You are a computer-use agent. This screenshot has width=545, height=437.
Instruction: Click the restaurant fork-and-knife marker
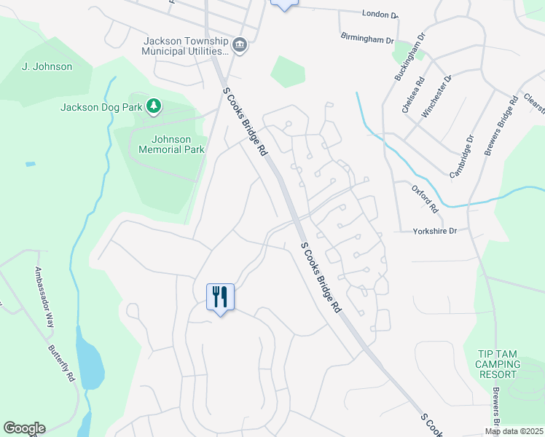220,297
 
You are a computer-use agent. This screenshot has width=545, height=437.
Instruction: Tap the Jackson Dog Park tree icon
154,107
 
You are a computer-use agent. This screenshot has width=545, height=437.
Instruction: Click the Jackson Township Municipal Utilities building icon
240,47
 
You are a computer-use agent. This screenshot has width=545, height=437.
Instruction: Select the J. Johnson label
47,67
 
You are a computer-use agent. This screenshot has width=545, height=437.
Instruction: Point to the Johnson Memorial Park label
170,144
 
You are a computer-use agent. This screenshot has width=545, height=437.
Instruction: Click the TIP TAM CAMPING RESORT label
499,364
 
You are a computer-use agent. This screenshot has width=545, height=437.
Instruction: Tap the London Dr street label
380,14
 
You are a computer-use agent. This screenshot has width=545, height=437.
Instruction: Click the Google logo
24,428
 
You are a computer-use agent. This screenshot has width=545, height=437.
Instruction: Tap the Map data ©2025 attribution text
514,431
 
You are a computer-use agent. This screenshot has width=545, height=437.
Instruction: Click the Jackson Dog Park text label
101,108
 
